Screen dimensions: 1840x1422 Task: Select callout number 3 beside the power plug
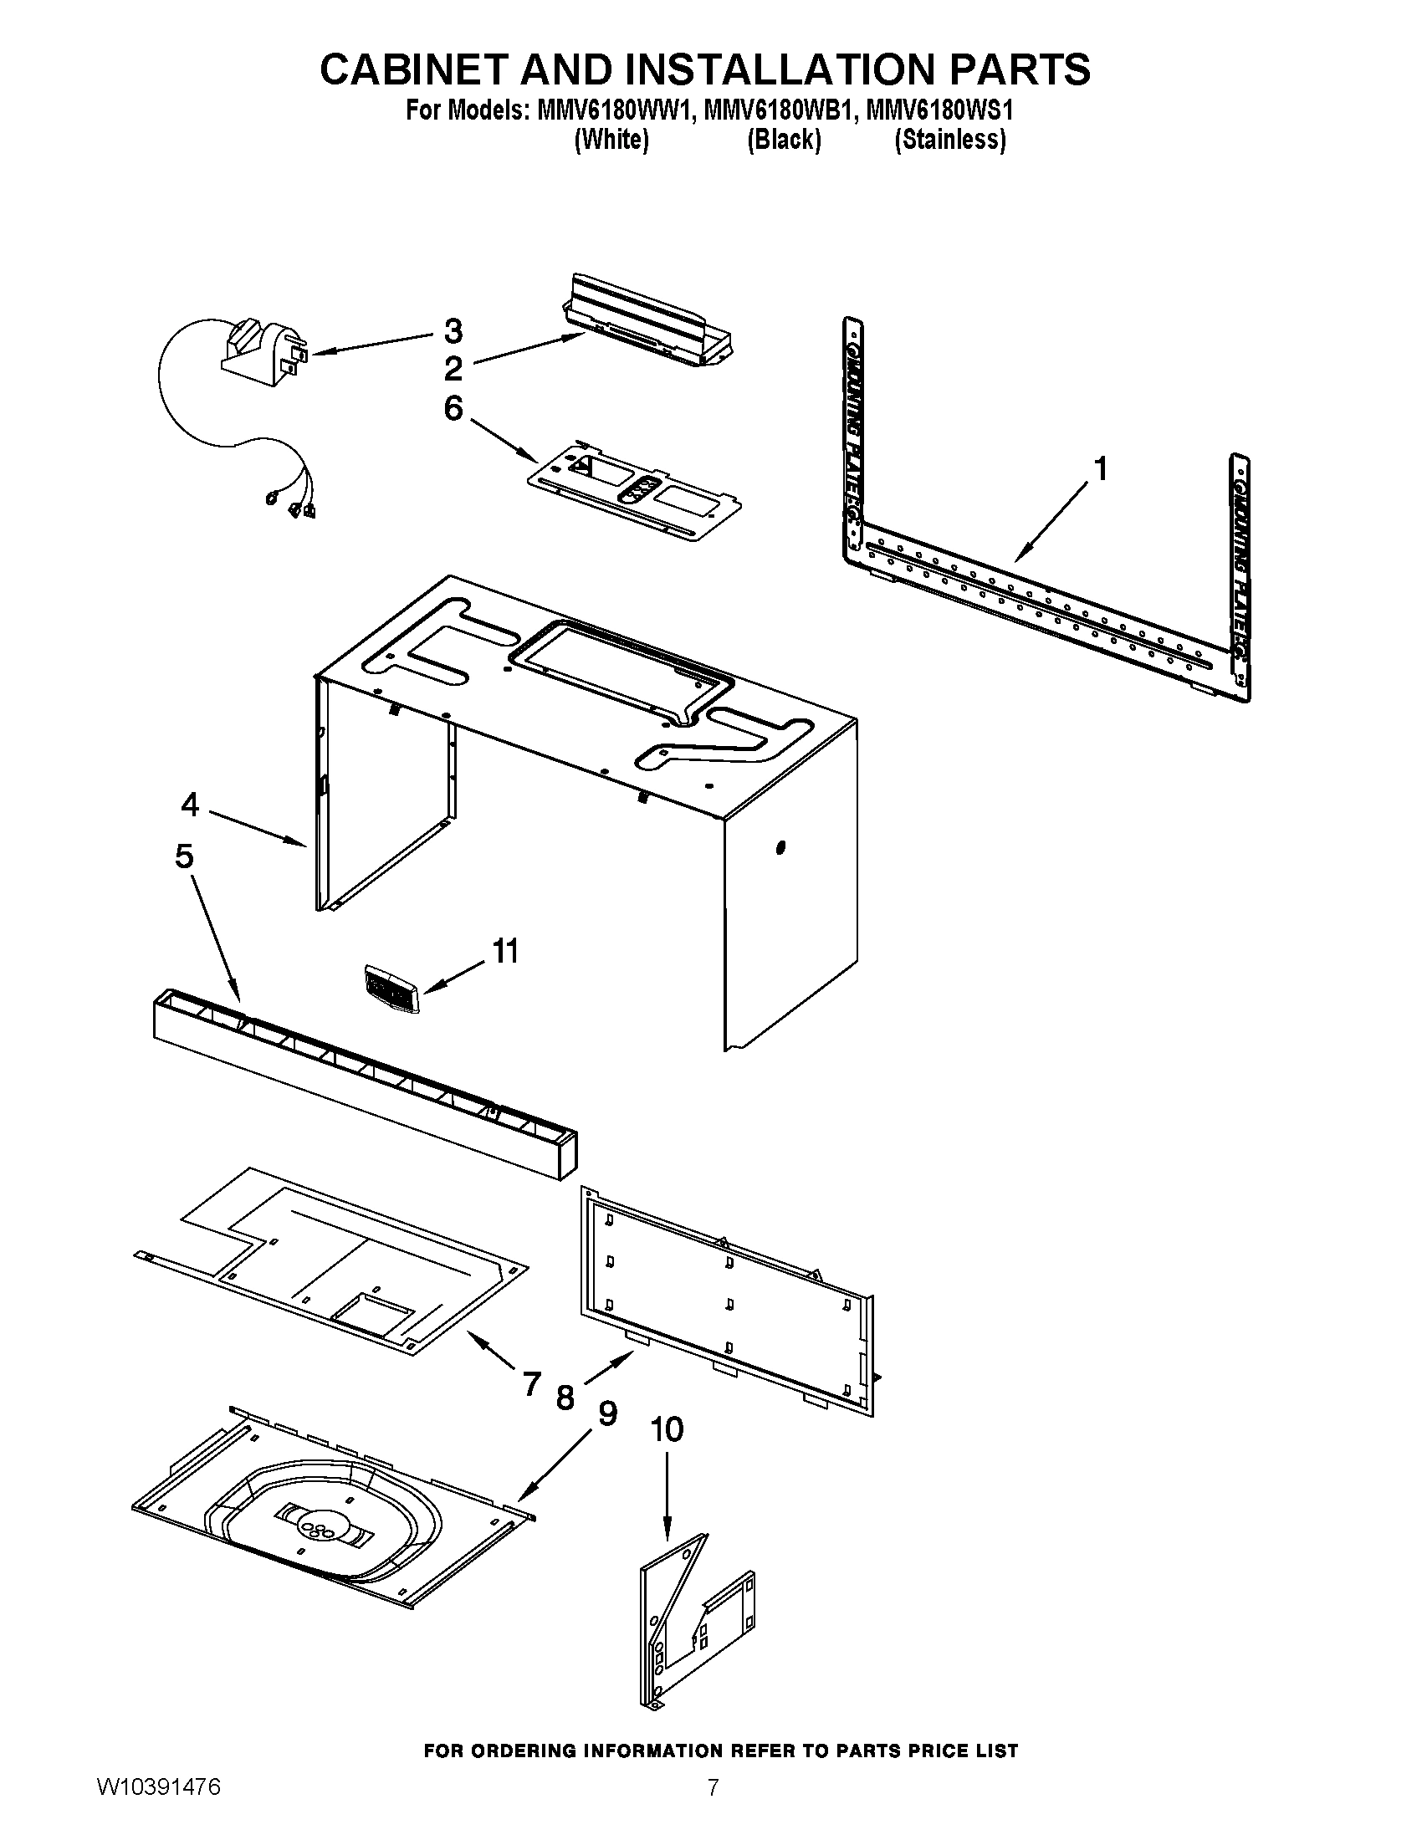[x=453, y=331]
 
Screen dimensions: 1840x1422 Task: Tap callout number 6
[x=453, y=409]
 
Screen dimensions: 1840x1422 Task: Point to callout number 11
[x=504, y=951]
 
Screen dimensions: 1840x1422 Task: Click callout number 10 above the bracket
[x=667, y=1429]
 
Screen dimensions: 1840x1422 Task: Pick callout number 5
[x=185, y=856]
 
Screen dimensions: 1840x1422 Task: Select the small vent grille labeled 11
[x=391, y=988]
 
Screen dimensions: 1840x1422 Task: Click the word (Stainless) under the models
[x=949, y=139]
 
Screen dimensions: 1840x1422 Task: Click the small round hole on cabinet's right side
[x=780, y=846]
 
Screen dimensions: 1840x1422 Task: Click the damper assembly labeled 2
[x=648, y=325]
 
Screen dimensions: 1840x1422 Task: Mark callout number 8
[x=565, y=1398]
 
